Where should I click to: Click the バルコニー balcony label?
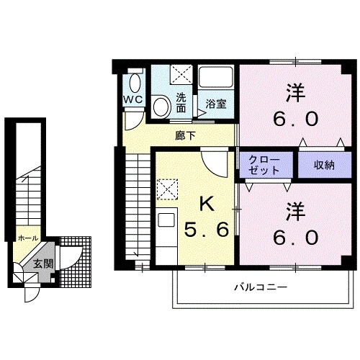(261, 287)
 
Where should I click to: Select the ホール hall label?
(28, 235)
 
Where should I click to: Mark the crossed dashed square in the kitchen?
(167, 189)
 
